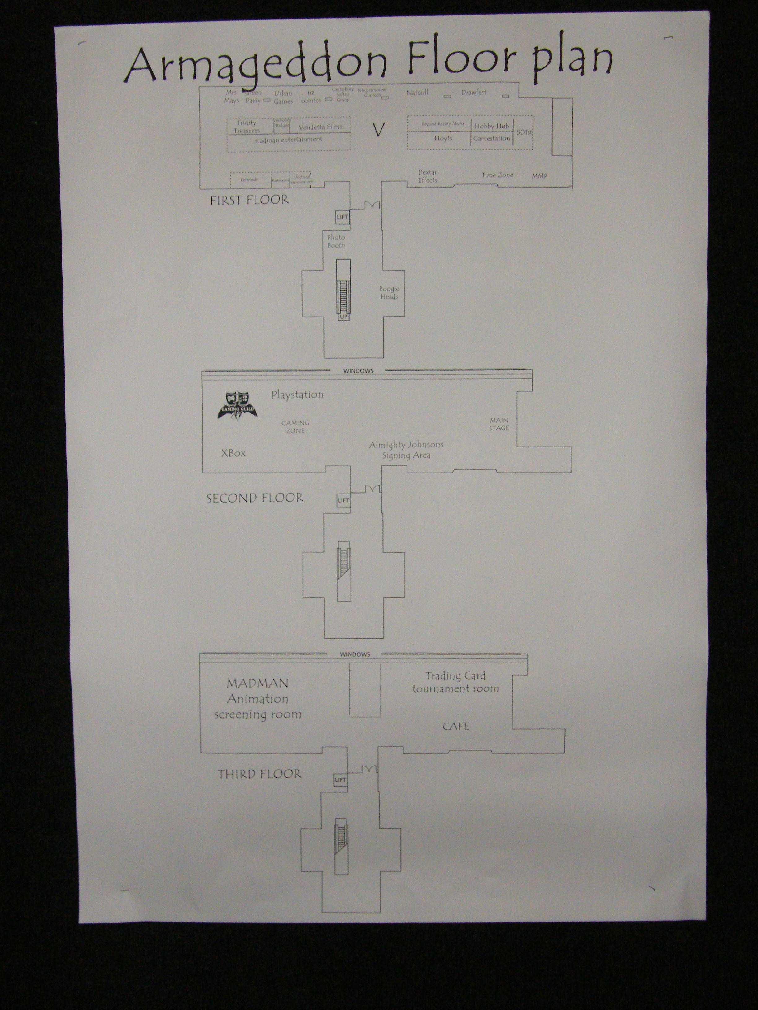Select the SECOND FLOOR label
(255, 498)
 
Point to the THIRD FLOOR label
(259, 774)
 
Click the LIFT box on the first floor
(342, 217)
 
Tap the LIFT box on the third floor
(340, 780)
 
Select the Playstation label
(298, 395)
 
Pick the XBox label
(233, 453)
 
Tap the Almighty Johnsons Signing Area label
(406, 450)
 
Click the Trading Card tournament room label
(455, 682)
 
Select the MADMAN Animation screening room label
(258, 699)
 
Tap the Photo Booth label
(336, 241)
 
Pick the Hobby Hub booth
(492, 126)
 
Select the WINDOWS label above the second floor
(358, 371)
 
